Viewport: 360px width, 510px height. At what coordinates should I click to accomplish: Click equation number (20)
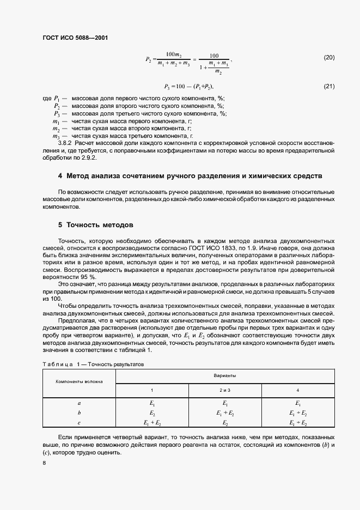[329, 58]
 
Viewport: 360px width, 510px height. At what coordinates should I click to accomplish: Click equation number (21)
[329, 86]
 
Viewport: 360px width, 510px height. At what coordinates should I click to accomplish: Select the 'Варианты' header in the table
[224, 376]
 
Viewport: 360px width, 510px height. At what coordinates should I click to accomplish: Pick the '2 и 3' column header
[224, 390]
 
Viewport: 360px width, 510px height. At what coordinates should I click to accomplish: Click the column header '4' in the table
[298, 390]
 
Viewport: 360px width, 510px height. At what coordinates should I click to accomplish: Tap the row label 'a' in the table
[80, 404]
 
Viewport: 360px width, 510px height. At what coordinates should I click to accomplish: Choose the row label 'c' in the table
[80, 423]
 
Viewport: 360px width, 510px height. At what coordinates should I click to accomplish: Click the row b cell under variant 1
[152, 414]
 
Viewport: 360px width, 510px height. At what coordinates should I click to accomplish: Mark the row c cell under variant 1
[152, 423]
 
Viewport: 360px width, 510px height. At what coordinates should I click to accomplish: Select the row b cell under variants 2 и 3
[224, 414]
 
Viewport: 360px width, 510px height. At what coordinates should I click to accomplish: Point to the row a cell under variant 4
[298, 404]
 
